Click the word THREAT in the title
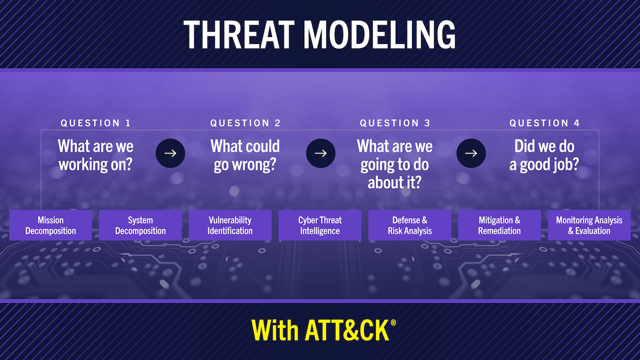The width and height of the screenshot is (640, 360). coord(239,35)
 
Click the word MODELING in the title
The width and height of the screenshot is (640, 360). coord(379,35)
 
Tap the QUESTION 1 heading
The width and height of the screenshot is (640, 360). coord(95,123)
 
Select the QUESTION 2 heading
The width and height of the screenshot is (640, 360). coord(245,123)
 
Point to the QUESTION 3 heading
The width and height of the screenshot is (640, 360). coord(395,123)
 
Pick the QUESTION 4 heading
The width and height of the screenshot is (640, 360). coord(544,123)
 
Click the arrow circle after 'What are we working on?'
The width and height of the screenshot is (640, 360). coord(170,153)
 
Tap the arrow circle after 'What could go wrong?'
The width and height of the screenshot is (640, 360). coord(320,153)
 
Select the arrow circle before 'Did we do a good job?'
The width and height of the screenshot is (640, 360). coord(471,153)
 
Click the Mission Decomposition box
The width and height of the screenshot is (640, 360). coord(50,225)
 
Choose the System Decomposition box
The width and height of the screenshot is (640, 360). coord(140,225)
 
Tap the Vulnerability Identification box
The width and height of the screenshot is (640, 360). coord(230,225)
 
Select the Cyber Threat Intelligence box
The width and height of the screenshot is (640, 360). coord(320,225)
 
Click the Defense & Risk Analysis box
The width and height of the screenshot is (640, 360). coord(409,225)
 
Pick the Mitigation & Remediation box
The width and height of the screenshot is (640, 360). coord(499,225)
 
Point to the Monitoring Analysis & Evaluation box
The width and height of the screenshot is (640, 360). coord(589,225)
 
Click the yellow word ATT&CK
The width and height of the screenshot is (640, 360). coord(347,330)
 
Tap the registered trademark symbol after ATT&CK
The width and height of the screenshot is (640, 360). coord(393,323)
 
